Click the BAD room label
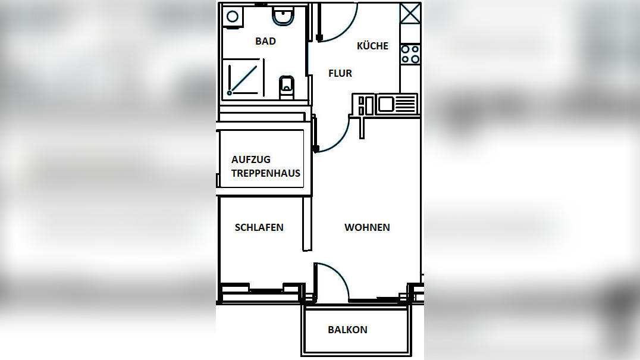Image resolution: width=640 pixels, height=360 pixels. click(x=265, y=42)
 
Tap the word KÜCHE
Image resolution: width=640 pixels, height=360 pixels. click(x=372, y=46)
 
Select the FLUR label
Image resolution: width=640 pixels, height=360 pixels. click(x=340, y=73)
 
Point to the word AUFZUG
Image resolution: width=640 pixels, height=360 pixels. click(x=251, y=159)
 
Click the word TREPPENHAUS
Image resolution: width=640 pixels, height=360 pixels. click(x=266, y=174)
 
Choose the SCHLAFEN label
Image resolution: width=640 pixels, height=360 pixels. click(x=259, y=227)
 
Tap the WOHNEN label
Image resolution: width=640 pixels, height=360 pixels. click(x=367, y=227)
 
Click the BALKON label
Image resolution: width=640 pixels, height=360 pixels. click(x=347, y=330)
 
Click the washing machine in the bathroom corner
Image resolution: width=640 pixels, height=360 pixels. click(x=232, y=17)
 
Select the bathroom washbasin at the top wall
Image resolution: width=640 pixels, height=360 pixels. click(x=284, y=16)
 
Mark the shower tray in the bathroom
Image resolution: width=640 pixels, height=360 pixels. click(x=243, y=79)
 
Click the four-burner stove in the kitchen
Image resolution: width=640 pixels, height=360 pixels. click(x=409, y=54)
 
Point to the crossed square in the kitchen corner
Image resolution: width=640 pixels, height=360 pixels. click(x=410, y=14)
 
